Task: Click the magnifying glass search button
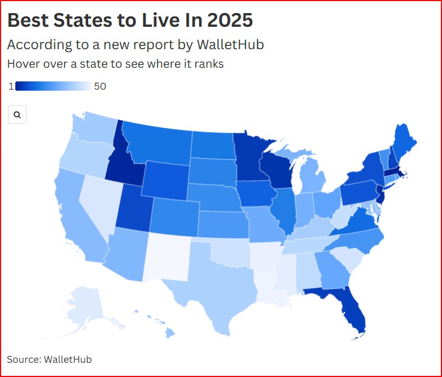coord(17,115)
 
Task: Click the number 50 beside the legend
coord(100,86)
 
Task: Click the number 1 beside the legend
coord(11,86)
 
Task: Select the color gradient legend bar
coord(53,86)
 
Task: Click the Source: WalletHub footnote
coord(49,359)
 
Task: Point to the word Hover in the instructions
coord(22,64)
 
